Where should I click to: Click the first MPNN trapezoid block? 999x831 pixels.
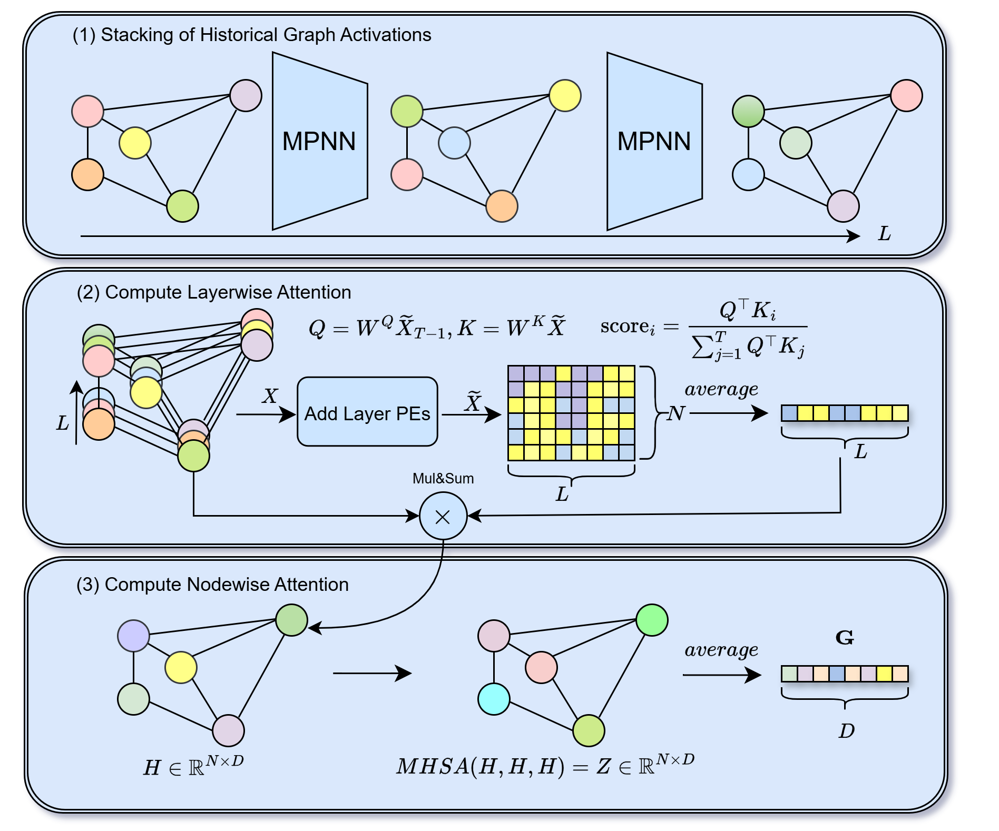(x=319, y=141)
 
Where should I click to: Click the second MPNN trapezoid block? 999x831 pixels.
(x=654, y=141)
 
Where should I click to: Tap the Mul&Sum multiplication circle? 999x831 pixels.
(x=443, y=516)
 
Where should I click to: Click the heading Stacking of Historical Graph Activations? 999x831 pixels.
(x=252, y=35)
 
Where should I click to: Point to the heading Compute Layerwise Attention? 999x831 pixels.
(x=214, y=292)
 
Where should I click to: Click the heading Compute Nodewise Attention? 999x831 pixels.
(x=213, y=585)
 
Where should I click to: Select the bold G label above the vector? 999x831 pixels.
(x=845, y=638)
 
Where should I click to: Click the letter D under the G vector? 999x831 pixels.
(x=846, y=730)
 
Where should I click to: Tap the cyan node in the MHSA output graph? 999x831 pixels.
(x=494, y=699)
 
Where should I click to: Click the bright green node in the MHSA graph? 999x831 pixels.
(x=652, y=620)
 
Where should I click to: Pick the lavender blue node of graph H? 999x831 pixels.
(x=133, y=636)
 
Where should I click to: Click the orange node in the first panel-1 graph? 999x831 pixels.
(x=87, y=174)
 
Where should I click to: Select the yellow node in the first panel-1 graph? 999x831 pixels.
(x=135, y=143)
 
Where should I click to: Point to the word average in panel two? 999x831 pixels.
(x=721, y=389)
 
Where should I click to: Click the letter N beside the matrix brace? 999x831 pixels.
(x=676, y=413)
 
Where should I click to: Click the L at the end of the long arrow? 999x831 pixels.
(x=884, y=233)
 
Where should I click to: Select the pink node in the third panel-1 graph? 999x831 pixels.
(x=906, y=95)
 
